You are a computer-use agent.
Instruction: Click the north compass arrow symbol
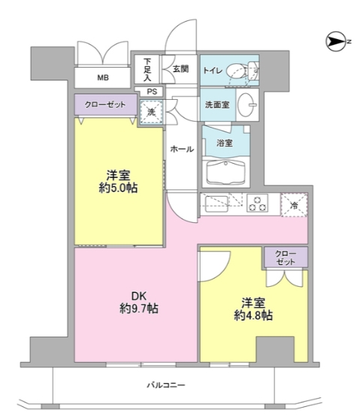[335, 40]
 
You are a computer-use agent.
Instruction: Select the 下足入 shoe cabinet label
[147, 69]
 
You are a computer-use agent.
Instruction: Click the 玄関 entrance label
[180, 69]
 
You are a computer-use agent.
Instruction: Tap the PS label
[151, 92]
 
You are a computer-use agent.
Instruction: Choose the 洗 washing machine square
[151, 113]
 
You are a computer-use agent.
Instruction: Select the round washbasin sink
[247, 105]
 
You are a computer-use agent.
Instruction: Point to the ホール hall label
[182, 149]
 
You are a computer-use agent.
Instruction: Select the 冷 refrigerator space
[294, 203]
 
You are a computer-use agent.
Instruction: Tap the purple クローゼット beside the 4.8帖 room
[285, 257]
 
